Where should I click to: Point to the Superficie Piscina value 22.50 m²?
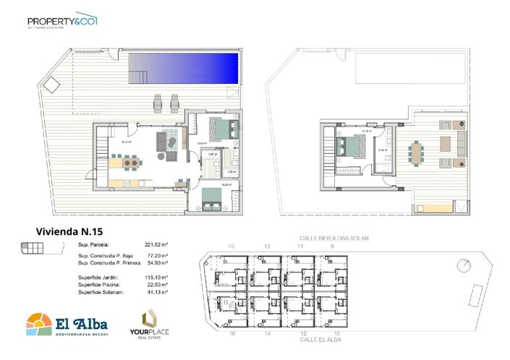(157, 285)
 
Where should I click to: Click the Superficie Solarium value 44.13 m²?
(157, 292)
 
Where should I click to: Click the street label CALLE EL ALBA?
(318, 340)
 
